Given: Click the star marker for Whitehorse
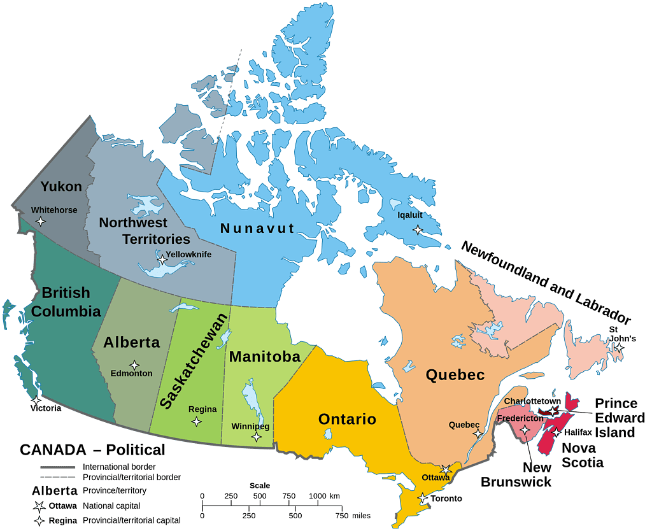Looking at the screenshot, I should (41, 222).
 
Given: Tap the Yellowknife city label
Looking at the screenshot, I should (188, 254).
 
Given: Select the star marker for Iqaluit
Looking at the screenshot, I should (418, 229).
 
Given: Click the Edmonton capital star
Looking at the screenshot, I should (134, 365).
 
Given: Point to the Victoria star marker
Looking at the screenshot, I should (36, 400).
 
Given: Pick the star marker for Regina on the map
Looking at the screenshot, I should (197, 421).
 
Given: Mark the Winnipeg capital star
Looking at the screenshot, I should (257, 437).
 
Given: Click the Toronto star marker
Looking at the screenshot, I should (422, 498).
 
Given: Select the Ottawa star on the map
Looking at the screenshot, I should (446, 470).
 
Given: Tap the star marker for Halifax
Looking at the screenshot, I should (556, 433).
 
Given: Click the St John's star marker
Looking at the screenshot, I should (618, 348).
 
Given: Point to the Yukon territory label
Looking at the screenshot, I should (61, 187).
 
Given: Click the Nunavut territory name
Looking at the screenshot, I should (257, 228).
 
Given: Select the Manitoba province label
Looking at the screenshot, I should (264, 357).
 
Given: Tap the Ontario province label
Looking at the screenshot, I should (347, 420).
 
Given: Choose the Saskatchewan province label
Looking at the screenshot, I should (195, 361).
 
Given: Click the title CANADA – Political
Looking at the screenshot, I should (92, 450).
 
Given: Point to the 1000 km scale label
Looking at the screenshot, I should (324, 496).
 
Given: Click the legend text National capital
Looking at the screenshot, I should (111, 506).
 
